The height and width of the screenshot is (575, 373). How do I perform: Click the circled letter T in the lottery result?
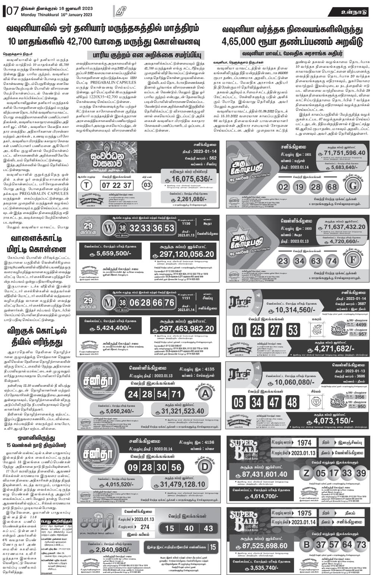87,185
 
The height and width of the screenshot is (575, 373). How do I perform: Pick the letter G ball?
353,186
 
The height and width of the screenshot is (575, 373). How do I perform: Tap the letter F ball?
353,260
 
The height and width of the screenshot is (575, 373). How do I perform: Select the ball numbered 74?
331,261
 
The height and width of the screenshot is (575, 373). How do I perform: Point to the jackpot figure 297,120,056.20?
183,255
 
